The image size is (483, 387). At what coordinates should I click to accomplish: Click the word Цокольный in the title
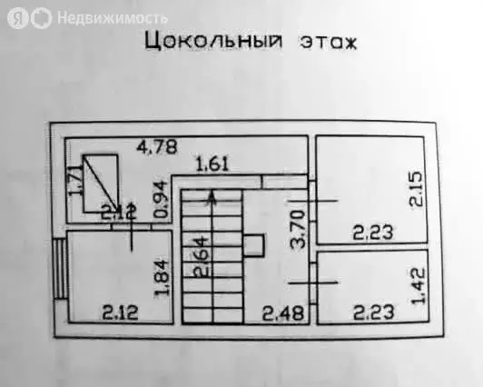click(x=213, y=41)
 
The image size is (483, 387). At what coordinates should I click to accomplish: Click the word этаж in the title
click(x=329, y=43)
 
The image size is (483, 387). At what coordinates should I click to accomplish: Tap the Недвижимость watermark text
click(x=113, y=18)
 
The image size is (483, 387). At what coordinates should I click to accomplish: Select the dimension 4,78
click(x=157, y=147)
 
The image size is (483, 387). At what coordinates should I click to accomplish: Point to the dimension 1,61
click(x=212, y=164)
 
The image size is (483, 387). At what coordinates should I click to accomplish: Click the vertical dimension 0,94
click(x=161, y=200)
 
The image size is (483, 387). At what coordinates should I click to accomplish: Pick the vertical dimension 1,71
click(x=75, y=181)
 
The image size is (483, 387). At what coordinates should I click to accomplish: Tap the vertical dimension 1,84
click(x=162, y=279)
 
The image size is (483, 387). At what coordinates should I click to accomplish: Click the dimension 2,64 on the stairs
click(x=202, y=256)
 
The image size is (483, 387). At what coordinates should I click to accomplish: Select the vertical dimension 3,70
click(x=298, y=229)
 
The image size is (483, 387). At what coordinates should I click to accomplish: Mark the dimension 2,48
click(x=283, y=313)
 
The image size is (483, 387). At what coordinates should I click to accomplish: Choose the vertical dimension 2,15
click(x=416, y=189)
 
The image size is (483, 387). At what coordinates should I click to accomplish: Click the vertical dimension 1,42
click(x=418, y=285)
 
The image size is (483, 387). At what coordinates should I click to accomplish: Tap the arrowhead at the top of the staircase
click(x=212, y=196)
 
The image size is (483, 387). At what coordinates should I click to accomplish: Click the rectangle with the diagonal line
click(x=101, y=184)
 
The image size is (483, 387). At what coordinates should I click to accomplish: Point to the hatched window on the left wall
click(x=60, y=268)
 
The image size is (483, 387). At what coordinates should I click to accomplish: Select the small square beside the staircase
click(x=254, y=245)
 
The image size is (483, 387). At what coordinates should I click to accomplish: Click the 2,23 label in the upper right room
click(x=373, y=233)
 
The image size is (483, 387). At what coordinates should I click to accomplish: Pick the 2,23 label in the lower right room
click(x=374, y=313)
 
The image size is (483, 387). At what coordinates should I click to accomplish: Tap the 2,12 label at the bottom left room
click(x=120, y=313)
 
